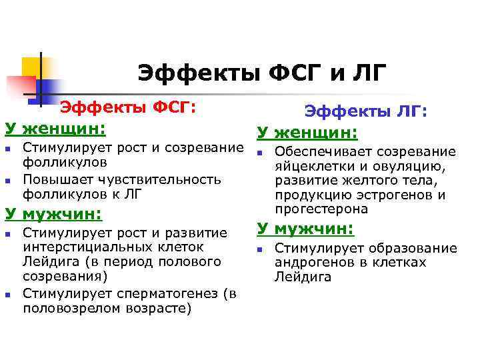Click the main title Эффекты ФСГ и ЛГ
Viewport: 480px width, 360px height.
[x=261, y=73]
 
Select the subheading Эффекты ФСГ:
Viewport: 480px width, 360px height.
[x=128, y=107]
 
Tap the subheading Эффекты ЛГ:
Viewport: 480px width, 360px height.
[x=365, y=113]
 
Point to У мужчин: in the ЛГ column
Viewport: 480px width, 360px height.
[x=305, y=229]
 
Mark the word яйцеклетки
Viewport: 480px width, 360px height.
[x=307, y=166]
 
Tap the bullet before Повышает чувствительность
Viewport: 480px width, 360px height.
[x=9, y=180]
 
